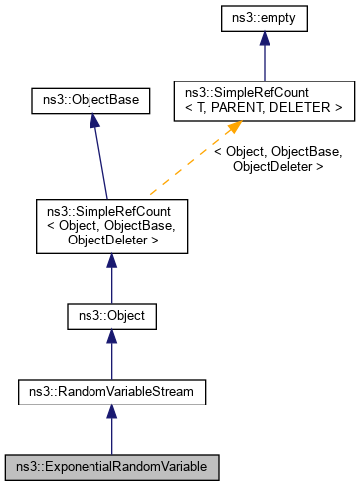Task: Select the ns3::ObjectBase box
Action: click(90, 100)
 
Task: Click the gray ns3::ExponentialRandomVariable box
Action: click(111, 465)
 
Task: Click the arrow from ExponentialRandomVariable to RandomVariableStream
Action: click(111, 429)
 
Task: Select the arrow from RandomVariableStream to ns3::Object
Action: click(111, 355)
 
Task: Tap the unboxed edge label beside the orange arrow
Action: click(278, 159)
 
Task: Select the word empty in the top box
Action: click(274, 17)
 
